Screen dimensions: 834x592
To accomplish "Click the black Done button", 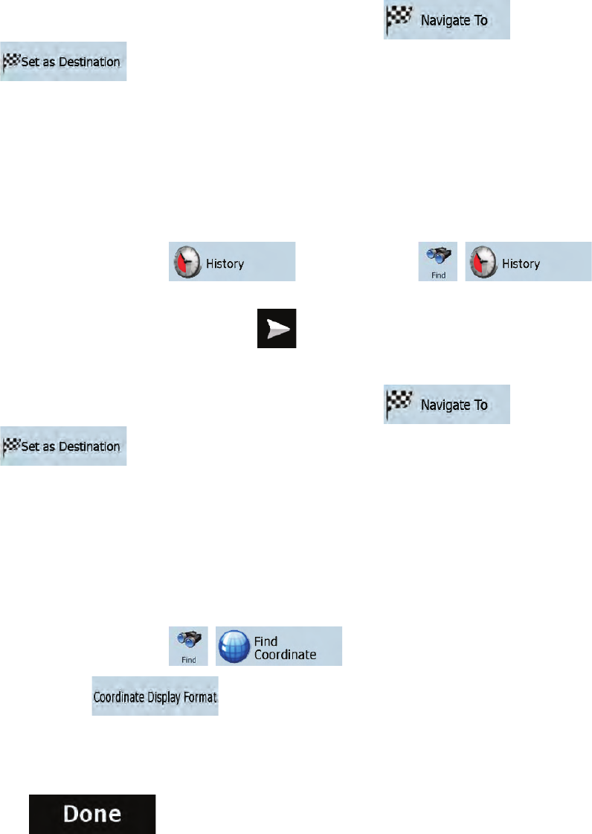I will coord(92,813).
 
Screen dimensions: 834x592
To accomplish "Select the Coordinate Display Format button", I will coord(155,696).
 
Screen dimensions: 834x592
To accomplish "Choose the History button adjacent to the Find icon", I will coord(528,261).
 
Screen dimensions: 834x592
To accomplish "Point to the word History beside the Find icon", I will coord(521,264).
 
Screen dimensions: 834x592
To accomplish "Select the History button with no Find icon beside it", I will coord(232,261).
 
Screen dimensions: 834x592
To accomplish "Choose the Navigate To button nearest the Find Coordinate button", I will coord(447,405).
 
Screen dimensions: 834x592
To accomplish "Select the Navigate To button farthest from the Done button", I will coord(447,20).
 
